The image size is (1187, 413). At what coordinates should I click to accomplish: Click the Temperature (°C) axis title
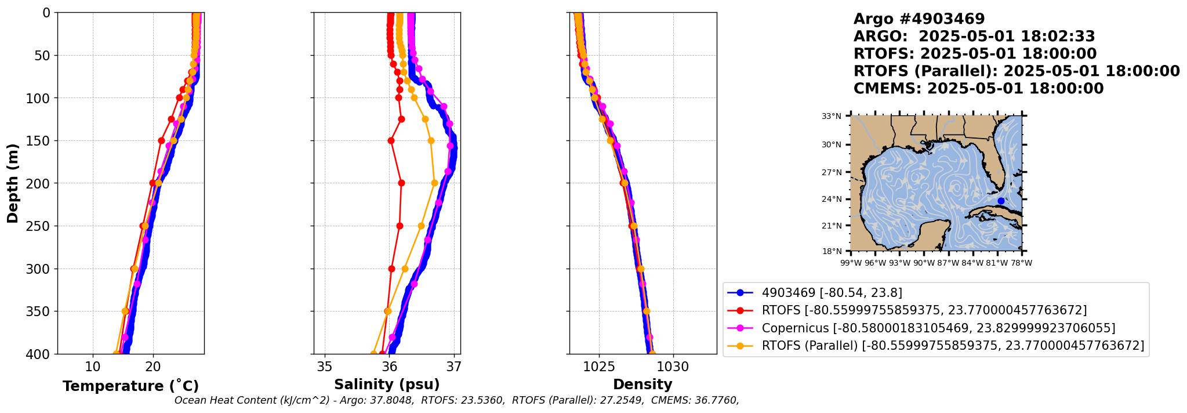pyautogui.click(x=130, y=386)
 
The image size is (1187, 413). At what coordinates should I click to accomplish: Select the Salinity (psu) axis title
pyautogui.click(x=387, y=385)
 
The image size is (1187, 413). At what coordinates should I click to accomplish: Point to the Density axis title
pyautogui.click(x=642, y=385)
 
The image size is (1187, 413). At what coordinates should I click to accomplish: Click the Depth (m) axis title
pyautogui.click(x=13, y=183)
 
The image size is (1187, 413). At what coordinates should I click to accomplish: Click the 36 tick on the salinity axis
pyautogui.click(x=390, y=367)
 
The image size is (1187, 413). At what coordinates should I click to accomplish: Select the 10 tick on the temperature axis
pyautogui.click(x=93, y=367)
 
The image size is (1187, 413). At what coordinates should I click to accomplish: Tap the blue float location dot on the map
pyautogui.click(x=1001, y=201)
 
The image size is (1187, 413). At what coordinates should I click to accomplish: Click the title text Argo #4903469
pyautogui.click(x=919, y=19)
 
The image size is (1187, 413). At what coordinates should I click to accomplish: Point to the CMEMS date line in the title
pyautogui.click(x=979, y=89)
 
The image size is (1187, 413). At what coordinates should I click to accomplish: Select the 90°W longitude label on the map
pyautogui.click(x=924, y=263)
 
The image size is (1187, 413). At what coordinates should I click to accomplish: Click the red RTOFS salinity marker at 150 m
pyautogui.click(x=391, y=140)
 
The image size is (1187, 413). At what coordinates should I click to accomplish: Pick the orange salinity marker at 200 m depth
pyautogui.click(x=434, y=183)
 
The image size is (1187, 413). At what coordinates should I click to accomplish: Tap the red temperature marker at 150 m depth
pyautogui.click(x=161, y=140)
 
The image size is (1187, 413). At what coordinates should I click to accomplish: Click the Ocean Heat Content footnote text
pyautogui.click(x=457, y=400)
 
